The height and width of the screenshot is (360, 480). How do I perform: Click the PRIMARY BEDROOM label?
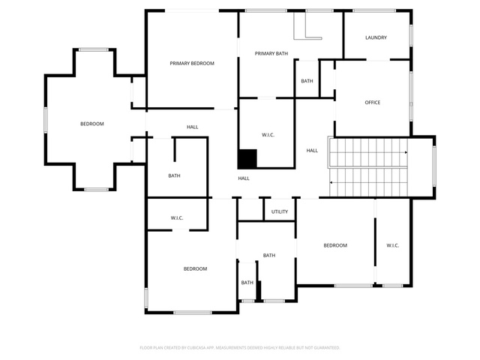point(192,63)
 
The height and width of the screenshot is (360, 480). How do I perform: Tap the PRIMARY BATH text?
point(271,53)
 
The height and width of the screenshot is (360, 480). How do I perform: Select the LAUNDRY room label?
point(376,37)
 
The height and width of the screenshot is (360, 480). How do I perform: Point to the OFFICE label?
point(373,103)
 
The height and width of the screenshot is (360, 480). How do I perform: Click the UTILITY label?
point(280,211)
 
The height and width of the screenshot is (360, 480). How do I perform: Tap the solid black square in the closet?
point(247,159)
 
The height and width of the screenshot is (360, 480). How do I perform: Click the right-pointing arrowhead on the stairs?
point(406,152)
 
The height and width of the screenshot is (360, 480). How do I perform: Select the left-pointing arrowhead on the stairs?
point(331,182)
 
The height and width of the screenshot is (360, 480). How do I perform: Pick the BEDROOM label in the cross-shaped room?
point(92,124)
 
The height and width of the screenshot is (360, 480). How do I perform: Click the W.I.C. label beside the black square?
point(268,135)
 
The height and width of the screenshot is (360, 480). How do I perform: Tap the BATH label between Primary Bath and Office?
point(307,81)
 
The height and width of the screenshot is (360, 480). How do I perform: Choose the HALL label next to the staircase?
point(312,151)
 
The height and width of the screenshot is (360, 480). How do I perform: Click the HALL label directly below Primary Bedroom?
point(192,127)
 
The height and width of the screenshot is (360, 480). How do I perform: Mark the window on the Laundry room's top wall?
point(374,10)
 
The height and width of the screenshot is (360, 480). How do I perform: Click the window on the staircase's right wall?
point(434,166)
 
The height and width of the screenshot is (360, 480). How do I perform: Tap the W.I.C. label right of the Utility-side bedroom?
point(392,245)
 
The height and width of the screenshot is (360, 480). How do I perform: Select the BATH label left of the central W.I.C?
point(174,175)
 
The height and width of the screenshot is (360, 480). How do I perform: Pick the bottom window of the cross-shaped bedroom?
point(96,190)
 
